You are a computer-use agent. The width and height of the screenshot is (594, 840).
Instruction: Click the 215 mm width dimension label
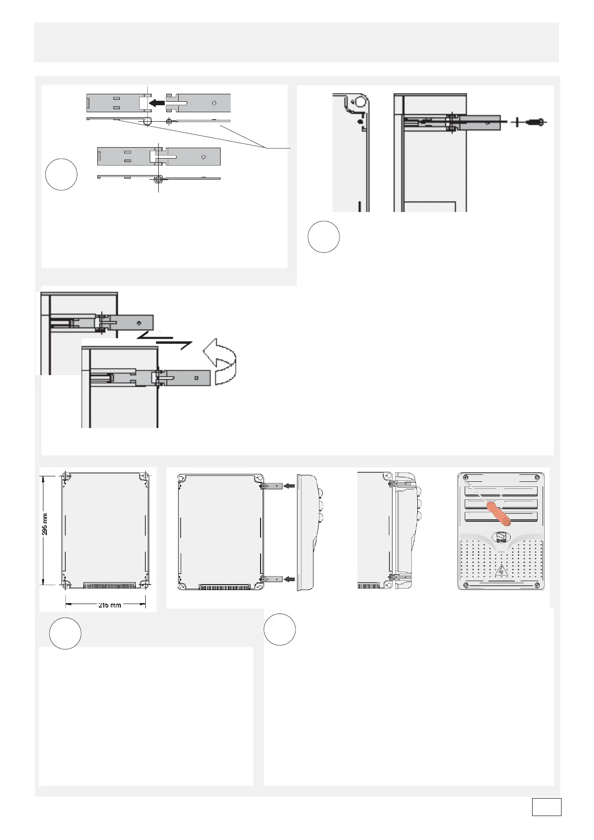(x=109, y=605)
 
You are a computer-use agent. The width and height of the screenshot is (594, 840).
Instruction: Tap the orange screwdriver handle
(x=500, y=514)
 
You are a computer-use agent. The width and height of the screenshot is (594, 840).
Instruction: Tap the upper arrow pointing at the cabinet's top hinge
(x=289, y=485)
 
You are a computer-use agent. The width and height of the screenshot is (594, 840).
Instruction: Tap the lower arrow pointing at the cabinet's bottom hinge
(x=289, y=579)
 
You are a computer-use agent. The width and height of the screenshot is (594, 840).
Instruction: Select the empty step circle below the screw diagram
(x=323, y=236)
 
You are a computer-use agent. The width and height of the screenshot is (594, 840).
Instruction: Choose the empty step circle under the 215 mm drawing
(x=65, y=633)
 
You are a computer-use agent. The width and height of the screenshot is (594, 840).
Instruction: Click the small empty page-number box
(x=546, y=807)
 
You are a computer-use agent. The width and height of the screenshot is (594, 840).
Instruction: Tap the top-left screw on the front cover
(x=465, y=478)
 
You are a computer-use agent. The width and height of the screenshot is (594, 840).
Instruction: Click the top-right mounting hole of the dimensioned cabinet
(x=144, y=477)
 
